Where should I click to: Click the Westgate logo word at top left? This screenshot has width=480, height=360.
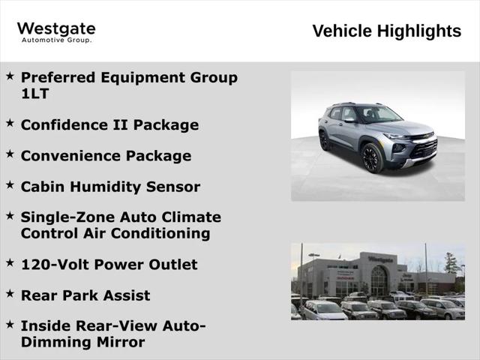[x=56, y=28]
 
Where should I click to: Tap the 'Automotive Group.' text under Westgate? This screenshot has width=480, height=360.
[x=56, y=40]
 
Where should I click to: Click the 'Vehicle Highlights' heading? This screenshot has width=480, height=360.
[x=386, y=31]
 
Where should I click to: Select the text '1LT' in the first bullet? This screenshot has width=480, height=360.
[x=34, y=94]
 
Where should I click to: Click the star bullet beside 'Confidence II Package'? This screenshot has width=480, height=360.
[x=10, y=122]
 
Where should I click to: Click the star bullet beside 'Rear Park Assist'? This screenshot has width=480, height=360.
[x=10, y=293]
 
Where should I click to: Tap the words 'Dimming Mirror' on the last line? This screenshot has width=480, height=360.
[x=82, y=343]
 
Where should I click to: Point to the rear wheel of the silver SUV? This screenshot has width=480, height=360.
[x=325, y=140]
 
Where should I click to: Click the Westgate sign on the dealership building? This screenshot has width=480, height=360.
[x=379, y=259]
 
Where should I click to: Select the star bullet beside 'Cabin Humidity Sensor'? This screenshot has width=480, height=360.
[x=10, y=184]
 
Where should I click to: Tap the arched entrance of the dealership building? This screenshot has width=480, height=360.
[x=378, y=280]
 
